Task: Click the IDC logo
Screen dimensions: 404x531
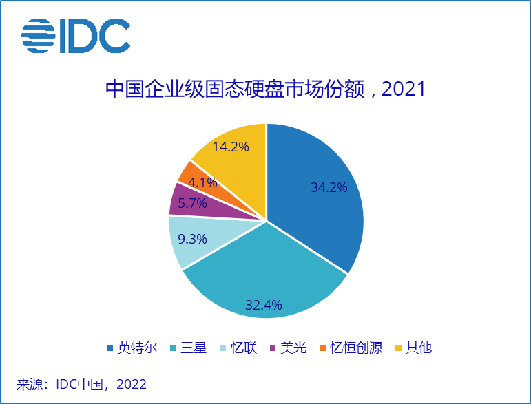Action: (x=76, y=36)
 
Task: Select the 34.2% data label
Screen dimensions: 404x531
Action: (x=329, y=187)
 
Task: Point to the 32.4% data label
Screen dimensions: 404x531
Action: (x=264, y=304)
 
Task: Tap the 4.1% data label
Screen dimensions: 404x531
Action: (x=202, y=182)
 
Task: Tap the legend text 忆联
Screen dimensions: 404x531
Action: (x=244, y=348)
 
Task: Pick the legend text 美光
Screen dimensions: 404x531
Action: (x=295, y=348)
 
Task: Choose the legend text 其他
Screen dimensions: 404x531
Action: (x=419, y=348)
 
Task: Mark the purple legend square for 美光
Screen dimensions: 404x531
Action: (x=273, y=348)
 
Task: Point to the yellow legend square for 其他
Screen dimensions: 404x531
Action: (x=397, y=348)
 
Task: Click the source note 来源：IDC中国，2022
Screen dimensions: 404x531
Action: (x=81, y=384)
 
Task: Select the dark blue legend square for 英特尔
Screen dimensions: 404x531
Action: (x=111, y=348)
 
